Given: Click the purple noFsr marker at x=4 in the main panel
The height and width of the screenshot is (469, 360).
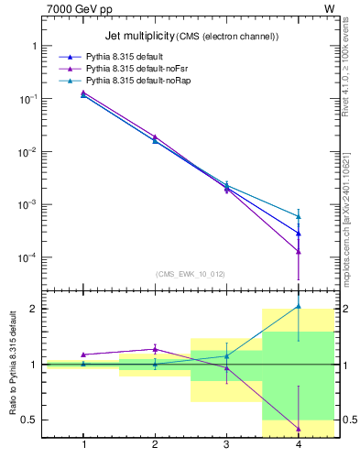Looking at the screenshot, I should (299, 251).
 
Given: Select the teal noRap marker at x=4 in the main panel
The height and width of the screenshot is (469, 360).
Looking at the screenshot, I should (299, 217).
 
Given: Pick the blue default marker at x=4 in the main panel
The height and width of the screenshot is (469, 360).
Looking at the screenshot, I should (299, 234).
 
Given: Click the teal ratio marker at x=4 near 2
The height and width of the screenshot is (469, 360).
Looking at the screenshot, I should (299, 307).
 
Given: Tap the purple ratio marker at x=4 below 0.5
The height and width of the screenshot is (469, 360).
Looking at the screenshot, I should (299, 428).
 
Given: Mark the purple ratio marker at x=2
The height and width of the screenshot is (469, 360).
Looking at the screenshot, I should (155, 349).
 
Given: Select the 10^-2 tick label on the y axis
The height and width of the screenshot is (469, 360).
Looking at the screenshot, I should (27, 151).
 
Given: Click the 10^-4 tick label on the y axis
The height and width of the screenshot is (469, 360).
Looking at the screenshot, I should (27, 257).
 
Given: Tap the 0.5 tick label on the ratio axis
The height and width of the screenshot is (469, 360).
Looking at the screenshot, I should (28, 420).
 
